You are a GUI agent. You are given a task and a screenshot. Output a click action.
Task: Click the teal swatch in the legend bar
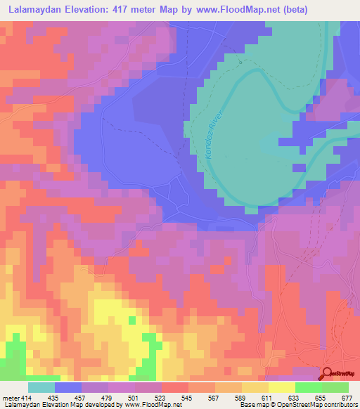pos(41,387)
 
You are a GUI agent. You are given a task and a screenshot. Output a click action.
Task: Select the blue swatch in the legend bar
pos(68,387)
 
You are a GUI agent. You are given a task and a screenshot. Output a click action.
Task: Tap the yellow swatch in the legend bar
pos(282,387)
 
